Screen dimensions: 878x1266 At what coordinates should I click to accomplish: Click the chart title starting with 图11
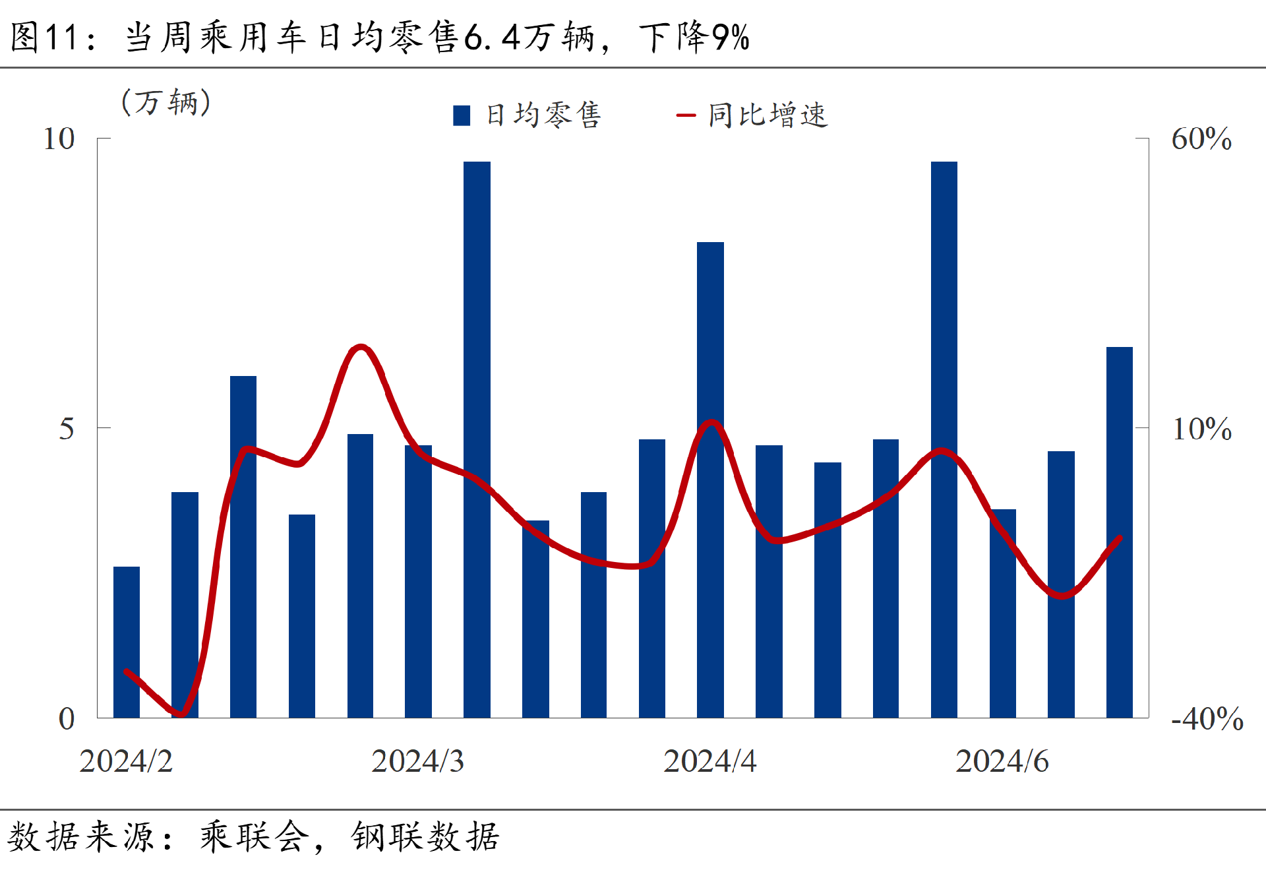click(380, 37)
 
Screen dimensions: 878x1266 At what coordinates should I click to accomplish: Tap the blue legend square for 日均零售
click(462, 115)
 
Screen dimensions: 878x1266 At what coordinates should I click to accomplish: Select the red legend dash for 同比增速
click(686, 115)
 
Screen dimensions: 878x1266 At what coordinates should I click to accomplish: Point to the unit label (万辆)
click(166, 102)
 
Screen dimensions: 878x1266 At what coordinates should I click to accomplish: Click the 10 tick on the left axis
click(59, 139)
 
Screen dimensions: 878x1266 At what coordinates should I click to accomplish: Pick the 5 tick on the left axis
click(67, 429)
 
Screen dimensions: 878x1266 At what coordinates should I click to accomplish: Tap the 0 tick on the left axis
click(67, 718)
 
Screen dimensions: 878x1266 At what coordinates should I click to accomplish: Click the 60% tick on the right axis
click(1201, 139)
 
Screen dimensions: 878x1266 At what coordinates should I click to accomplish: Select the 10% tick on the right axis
click(1201, 429)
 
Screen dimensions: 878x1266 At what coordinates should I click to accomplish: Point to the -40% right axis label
click(1207, 718)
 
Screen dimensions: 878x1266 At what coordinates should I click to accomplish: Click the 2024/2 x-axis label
click(126, 761)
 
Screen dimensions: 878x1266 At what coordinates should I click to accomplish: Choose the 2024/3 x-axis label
click(417, 761)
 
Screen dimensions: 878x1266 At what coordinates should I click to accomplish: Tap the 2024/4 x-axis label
click(709, 761)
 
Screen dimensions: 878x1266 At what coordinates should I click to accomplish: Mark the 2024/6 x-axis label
click(1002, 761)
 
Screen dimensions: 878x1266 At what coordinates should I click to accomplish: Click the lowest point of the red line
click(181, 714)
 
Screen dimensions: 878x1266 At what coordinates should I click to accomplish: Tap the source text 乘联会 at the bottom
click(255, 837)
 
